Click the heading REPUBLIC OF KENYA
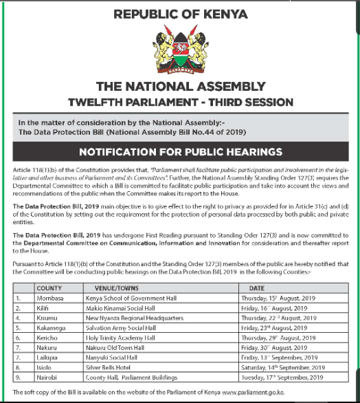pyautogui.click(x=180, y=13)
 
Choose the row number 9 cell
pyautogui.click(x=18, y=378)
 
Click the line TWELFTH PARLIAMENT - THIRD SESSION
pyautogui.click(x=180, y=102)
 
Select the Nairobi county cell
pyautogui.click(x=48, y=378)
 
